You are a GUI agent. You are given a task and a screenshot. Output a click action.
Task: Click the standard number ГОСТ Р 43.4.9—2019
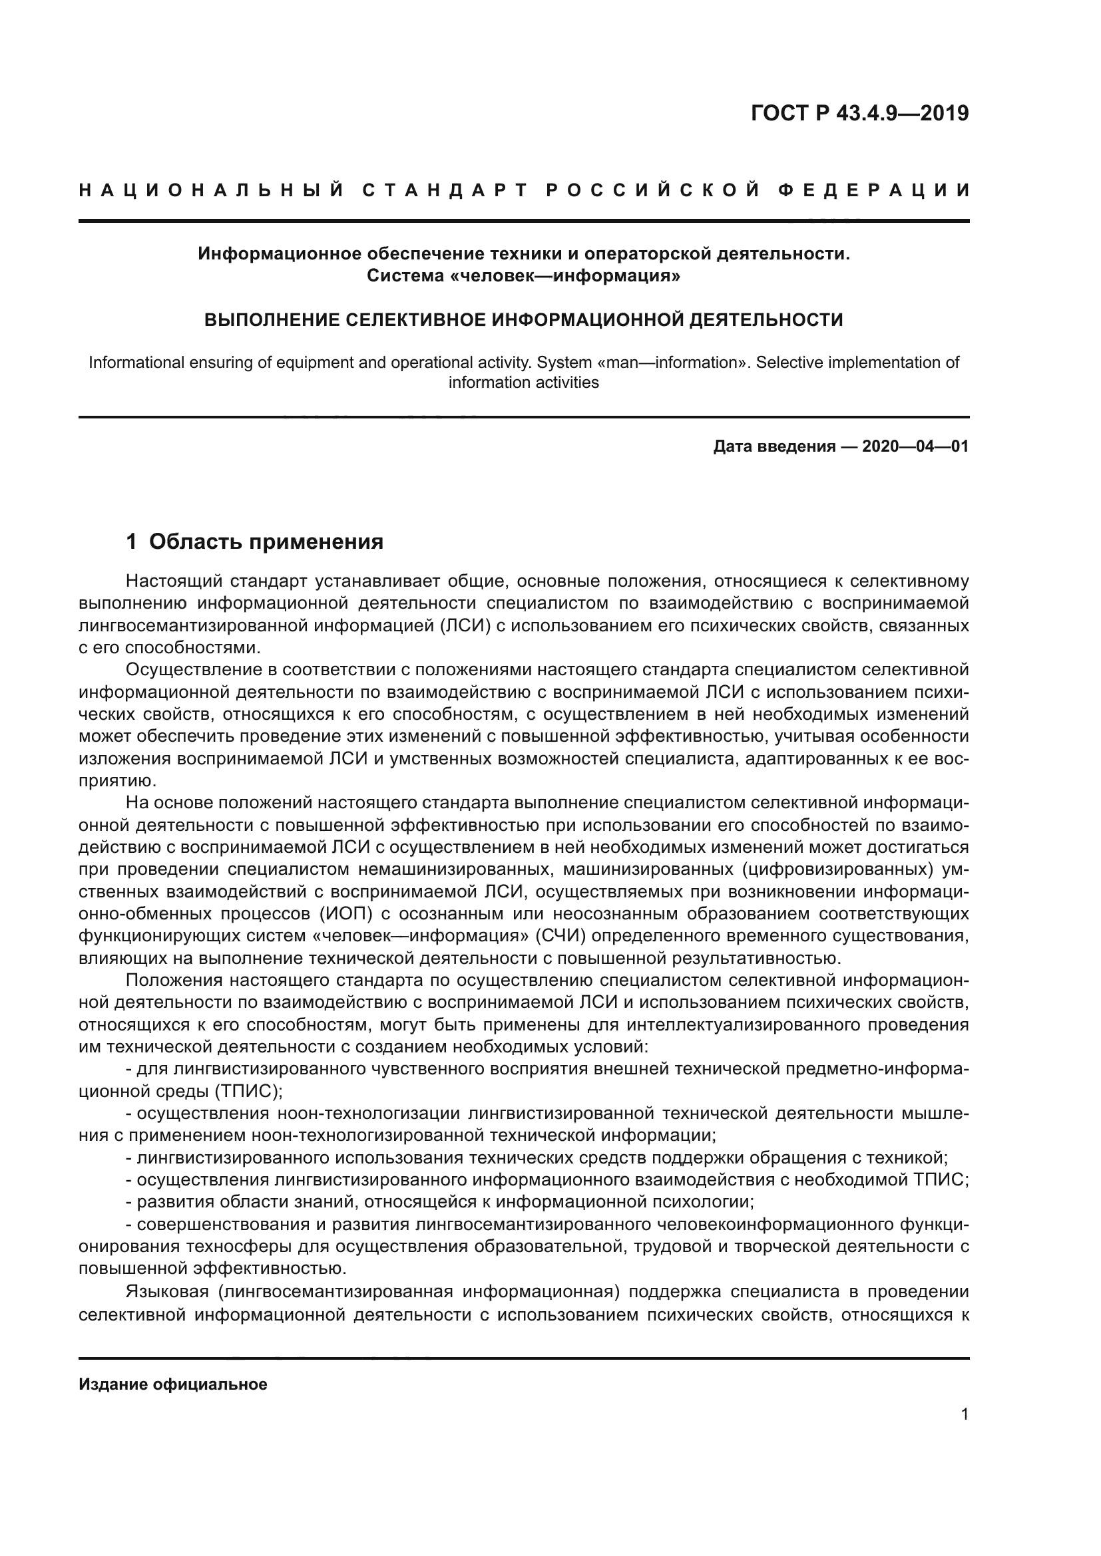pos(859,113)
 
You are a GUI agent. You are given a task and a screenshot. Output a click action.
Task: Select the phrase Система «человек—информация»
pos(523,276)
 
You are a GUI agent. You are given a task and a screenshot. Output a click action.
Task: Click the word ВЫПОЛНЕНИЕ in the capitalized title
pos(268,320)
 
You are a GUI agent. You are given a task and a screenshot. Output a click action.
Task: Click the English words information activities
pos(523,383)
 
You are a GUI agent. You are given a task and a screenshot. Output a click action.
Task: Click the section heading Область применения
pos(266,542)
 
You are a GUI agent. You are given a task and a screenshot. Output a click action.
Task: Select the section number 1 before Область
pos(132,542)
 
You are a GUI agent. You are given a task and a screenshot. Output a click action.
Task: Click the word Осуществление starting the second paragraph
pos(192,671)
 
